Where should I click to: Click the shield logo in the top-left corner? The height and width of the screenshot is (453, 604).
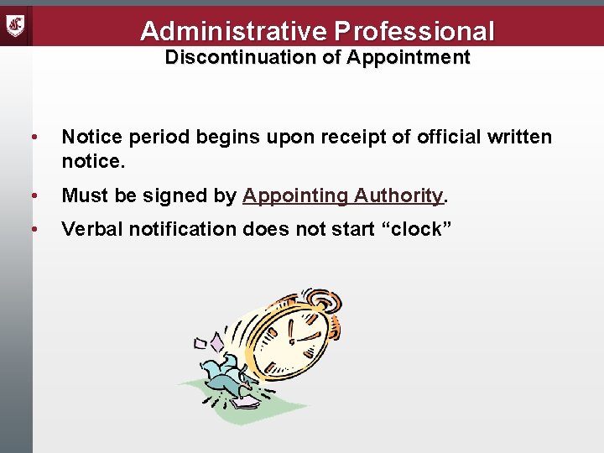[x=16, y=26]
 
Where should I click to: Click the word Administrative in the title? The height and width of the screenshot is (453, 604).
[x=234, y=31]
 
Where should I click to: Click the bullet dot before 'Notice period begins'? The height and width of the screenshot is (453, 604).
[x=33, y=137]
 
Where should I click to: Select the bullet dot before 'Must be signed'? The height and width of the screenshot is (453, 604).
[x=33, y=196]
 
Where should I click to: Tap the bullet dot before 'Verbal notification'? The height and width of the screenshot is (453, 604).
[x=33, y=230]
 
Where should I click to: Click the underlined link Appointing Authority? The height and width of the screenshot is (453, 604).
[x=342, y=196]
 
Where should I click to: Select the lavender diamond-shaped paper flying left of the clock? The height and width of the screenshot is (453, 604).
[x=217, y=344]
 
